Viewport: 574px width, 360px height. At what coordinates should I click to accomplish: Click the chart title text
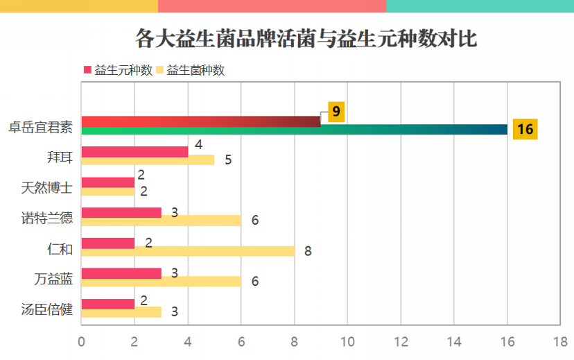[306, 39]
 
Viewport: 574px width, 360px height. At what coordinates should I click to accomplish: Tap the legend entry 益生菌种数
[195, 70]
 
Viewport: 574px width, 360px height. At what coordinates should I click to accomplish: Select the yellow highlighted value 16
[525, 129]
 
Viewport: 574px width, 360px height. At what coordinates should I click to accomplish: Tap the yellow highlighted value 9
[336, 112]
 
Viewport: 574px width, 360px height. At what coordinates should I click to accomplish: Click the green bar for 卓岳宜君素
[294, 130]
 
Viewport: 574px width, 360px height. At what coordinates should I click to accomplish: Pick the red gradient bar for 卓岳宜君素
[201, 121]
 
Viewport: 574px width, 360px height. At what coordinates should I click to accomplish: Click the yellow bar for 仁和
[188, 251]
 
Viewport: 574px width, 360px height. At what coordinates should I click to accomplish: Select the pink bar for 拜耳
[134, 152]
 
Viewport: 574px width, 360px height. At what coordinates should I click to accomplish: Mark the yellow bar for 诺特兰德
[161, 221]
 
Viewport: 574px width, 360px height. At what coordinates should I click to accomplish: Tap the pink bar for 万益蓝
[121, 273]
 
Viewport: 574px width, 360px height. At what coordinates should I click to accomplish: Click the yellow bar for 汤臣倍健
[121, 312]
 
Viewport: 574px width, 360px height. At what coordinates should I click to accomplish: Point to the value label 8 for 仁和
[308, 251]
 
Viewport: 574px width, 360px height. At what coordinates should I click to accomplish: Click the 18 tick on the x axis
[560, 342]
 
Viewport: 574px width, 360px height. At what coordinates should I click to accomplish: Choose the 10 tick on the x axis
[347, 342]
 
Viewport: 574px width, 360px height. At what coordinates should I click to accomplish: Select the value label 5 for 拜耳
[228, 160]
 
